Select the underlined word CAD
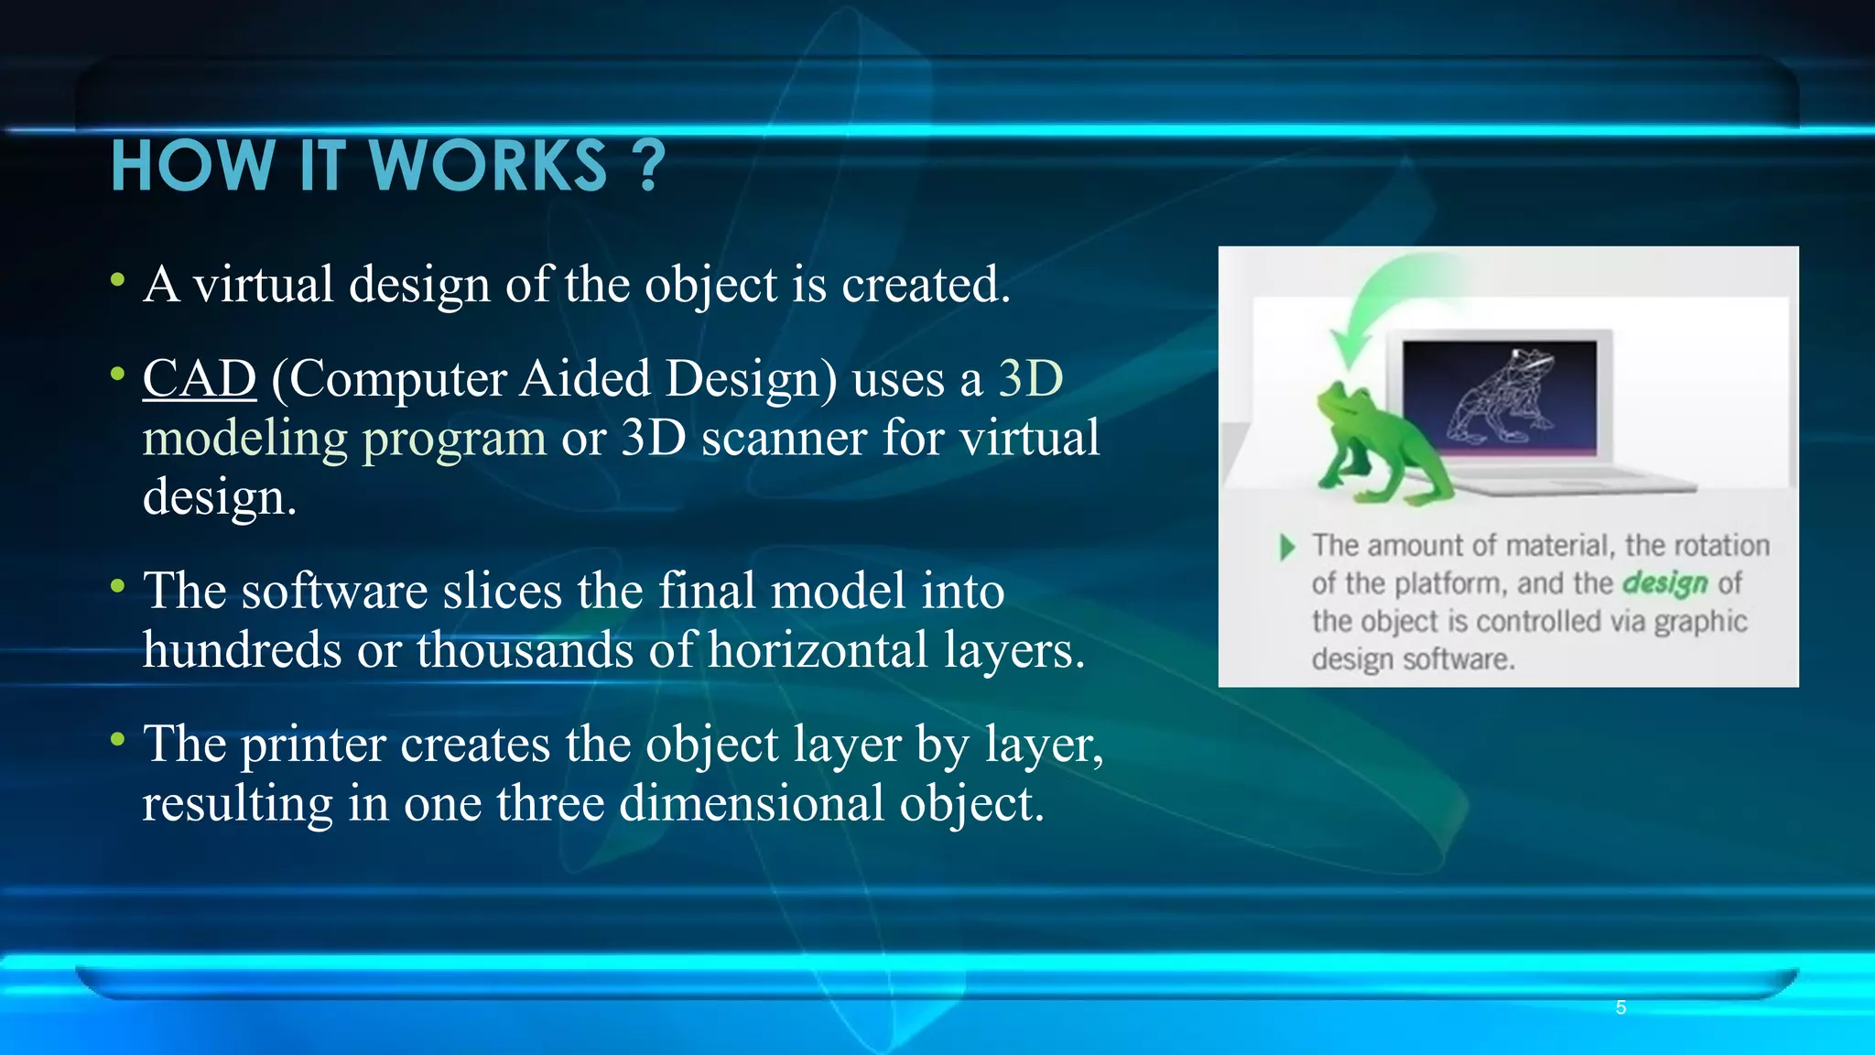pyautogui.click(x=199, y=378)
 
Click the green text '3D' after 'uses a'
pyautogui.click(x=1030, y=378)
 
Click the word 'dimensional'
pyautogui.click(x=751, y=803)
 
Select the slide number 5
pyautogui.click(x=1620, y=1007)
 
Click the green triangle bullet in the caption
pyautogui.click(x=1287, y=547)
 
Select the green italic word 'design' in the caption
pyautogui.click(x=1664, y=583)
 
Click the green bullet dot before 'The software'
pyautogui.click(x=117, y=586)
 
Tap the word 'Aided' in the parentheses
pyautogui.click(x=585, y=378)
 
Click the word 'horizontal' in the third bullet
pyautogui.click(x=818, y=650)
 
